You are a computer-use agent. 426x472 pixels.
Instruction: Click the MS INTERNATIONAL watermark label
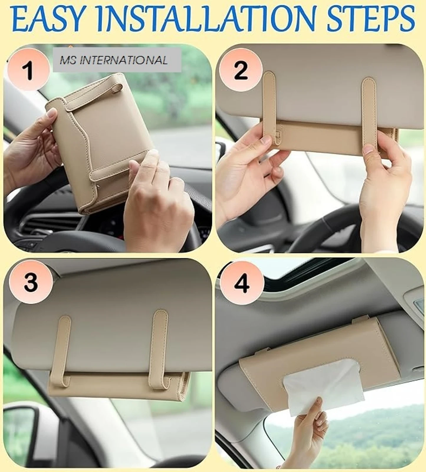pos(117,60)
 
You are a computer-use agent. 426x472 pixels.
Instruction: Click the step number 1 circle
pos(29,70)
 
